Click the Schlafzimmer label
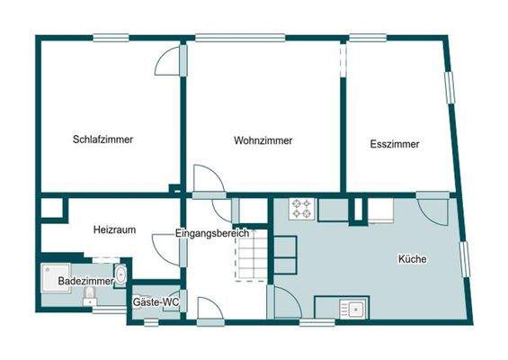coord(103,139)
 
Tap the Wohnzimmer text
coord(263,140)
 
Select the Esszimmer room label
coord(394,143)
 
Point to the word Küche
coord(412,259)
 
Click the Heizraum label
coord(114,230)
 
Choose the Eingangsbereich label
coord(212,234)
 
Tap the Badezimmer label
coord(85,282)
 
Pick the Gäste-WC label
coord(156,302)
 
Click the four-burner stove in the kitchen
coord(301,211)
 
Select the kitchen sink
coord(353,310)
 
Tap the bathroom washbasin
coord(120,274)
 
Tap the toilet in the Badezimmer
coord(90,296)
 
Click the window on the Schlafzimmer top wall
coord(111,38)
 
